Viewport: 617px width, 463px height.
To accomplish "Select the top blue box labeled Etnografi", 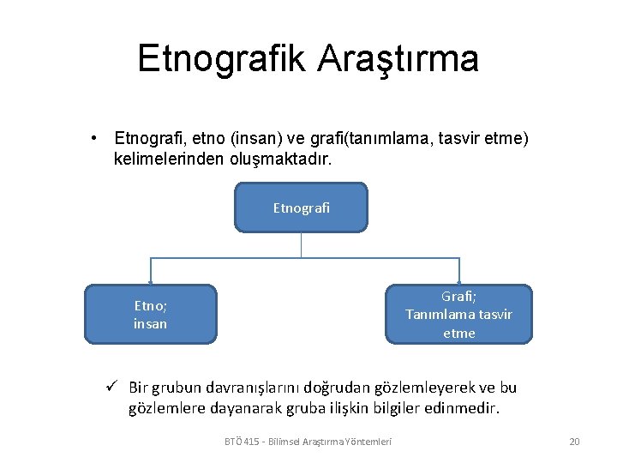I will coord(301,207).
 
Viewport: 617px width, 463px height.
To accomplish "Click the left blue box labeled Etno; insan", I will coord(150,314).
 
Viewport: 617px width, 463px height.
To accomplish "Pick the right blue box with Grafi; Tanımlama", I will coord(458,314).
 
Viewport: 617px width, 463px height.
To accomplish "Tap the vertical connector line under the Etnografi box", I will coord(301,244).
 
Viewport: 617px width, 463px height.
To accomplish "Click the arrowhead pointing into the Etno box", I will coord(151,280).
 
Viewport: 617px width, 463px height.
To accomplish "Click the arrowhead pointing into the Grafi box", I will coord(459,280).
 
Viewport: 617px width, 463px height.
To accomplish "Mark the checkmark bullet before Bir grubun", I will coord(111,388).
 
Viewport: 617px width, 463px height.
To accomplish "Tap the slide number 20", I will coord(574,442).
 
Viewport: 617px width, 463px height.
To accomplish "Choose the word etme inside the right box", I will coord(458,333).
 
